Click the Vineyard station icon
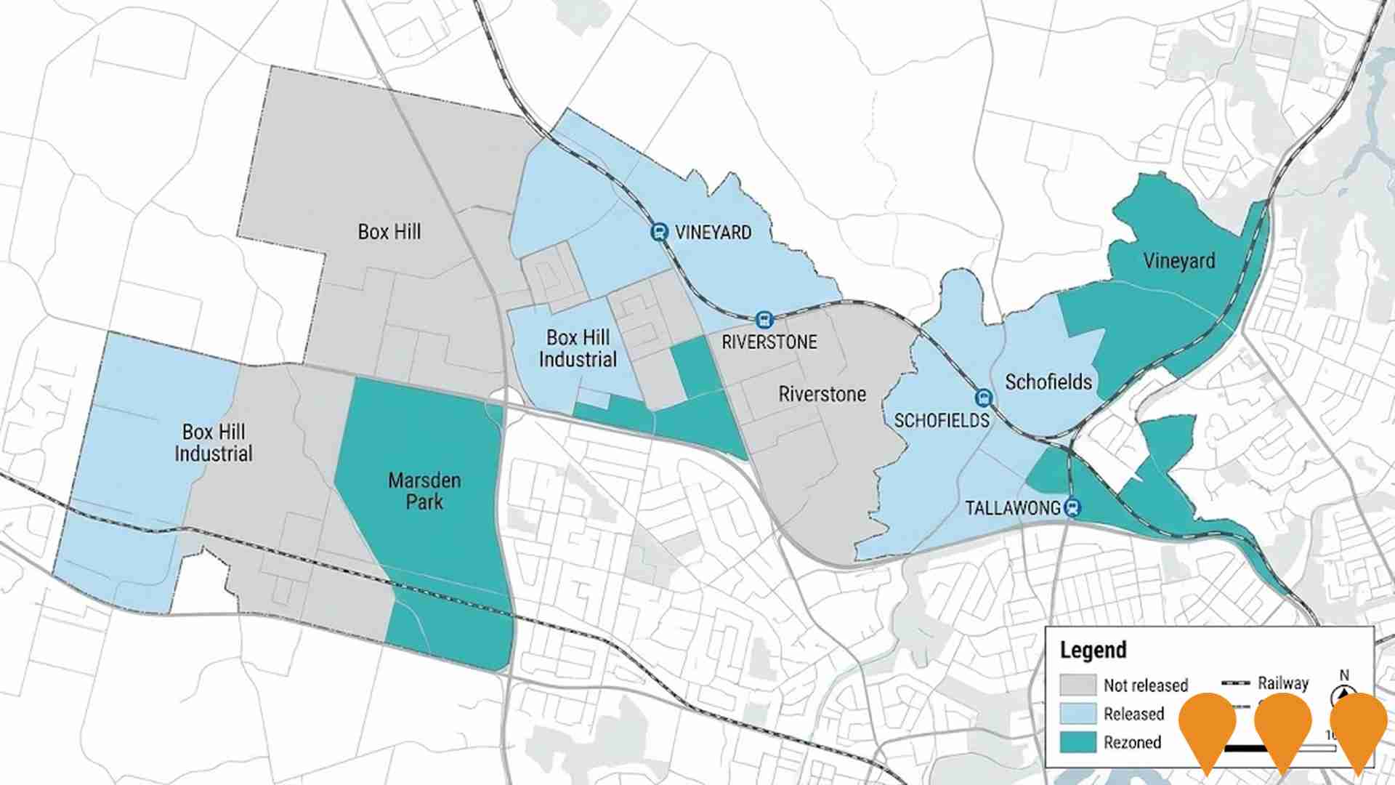pos(659,232)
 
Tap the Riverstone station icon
pos(763,319)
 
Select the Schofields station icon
pos(983,398)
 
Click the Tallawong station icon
pos(1072,507)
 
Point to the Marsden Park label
pos(424,491)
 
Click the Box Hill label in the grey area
pos(389,232)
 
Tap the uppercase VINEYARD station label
pos(713,233)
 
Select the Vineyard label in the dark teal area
pos(1178,261)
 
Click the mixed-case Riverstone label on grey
pos(822,394)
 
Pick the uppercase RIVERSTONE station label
pos(769,342)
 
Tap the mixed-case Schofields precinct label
pos(1048,382)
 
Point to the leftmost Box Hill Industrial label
pos(213,443)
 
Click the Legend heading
pos(1093,650)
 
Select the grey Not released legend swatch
pos(1077,685)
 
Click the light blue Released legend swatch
pos(1077,714)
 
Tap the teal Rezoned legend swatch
pos(1077,742)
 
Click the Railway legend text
pos(1283,683)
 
